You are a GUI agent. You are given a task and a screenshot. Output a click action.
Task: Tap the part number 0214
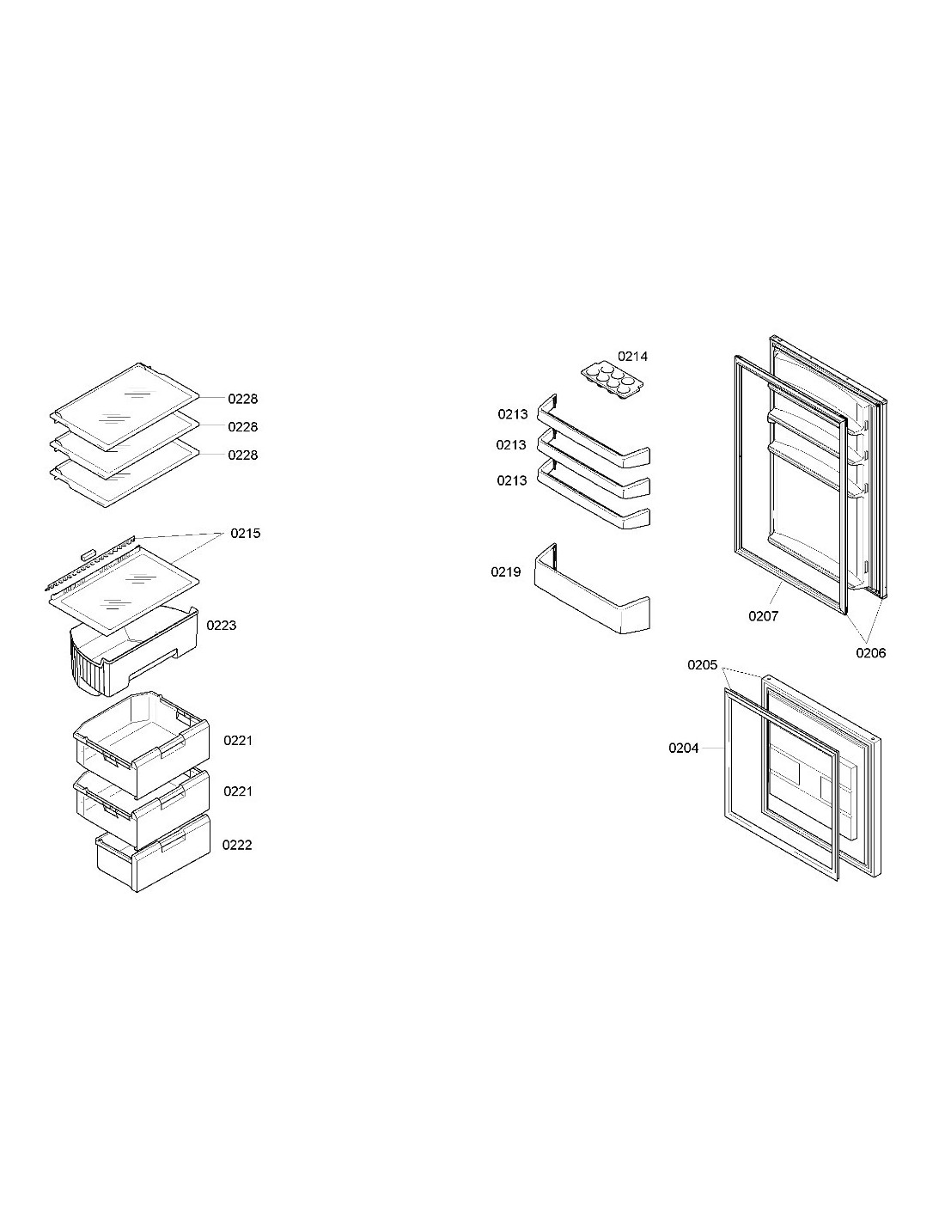coord(632,356)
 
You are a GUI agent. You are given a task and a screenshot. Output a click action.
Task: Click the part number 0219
coord(505,572)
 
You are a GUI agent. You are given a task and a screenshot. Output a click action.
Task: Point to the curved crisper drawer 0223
coord(134,652)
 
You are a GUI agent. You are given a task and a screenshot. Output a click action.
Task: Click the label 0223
coord(222,626)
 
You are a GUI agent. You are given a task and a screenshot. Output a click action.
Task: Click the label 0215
coord(246,533)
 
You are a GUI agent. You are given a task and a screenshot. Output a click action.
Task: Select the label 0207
coord(764,616)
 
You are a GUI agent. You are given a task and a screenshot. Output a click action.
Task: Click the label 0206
coord(871,652)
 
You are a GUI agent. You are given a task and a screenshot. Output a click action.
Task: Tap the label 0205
coord(703,664)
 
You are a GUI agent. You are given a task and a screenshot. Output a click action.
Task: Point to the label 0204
coord(684,748)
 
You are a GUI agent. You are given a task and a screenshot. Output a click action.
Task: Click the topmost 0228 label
coord(243,399)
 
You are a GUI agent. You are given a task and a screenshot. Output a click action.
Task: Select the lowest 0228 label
coord(243,455)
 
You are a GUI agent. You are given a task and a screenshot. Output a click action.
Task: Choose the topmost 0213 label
coord(513,414)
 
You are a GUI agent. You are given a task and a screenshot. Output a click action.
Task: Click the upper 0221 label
coord(238,741)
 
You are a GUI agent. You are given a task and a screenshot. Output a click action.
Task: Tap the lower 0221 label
coord(238,791)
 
